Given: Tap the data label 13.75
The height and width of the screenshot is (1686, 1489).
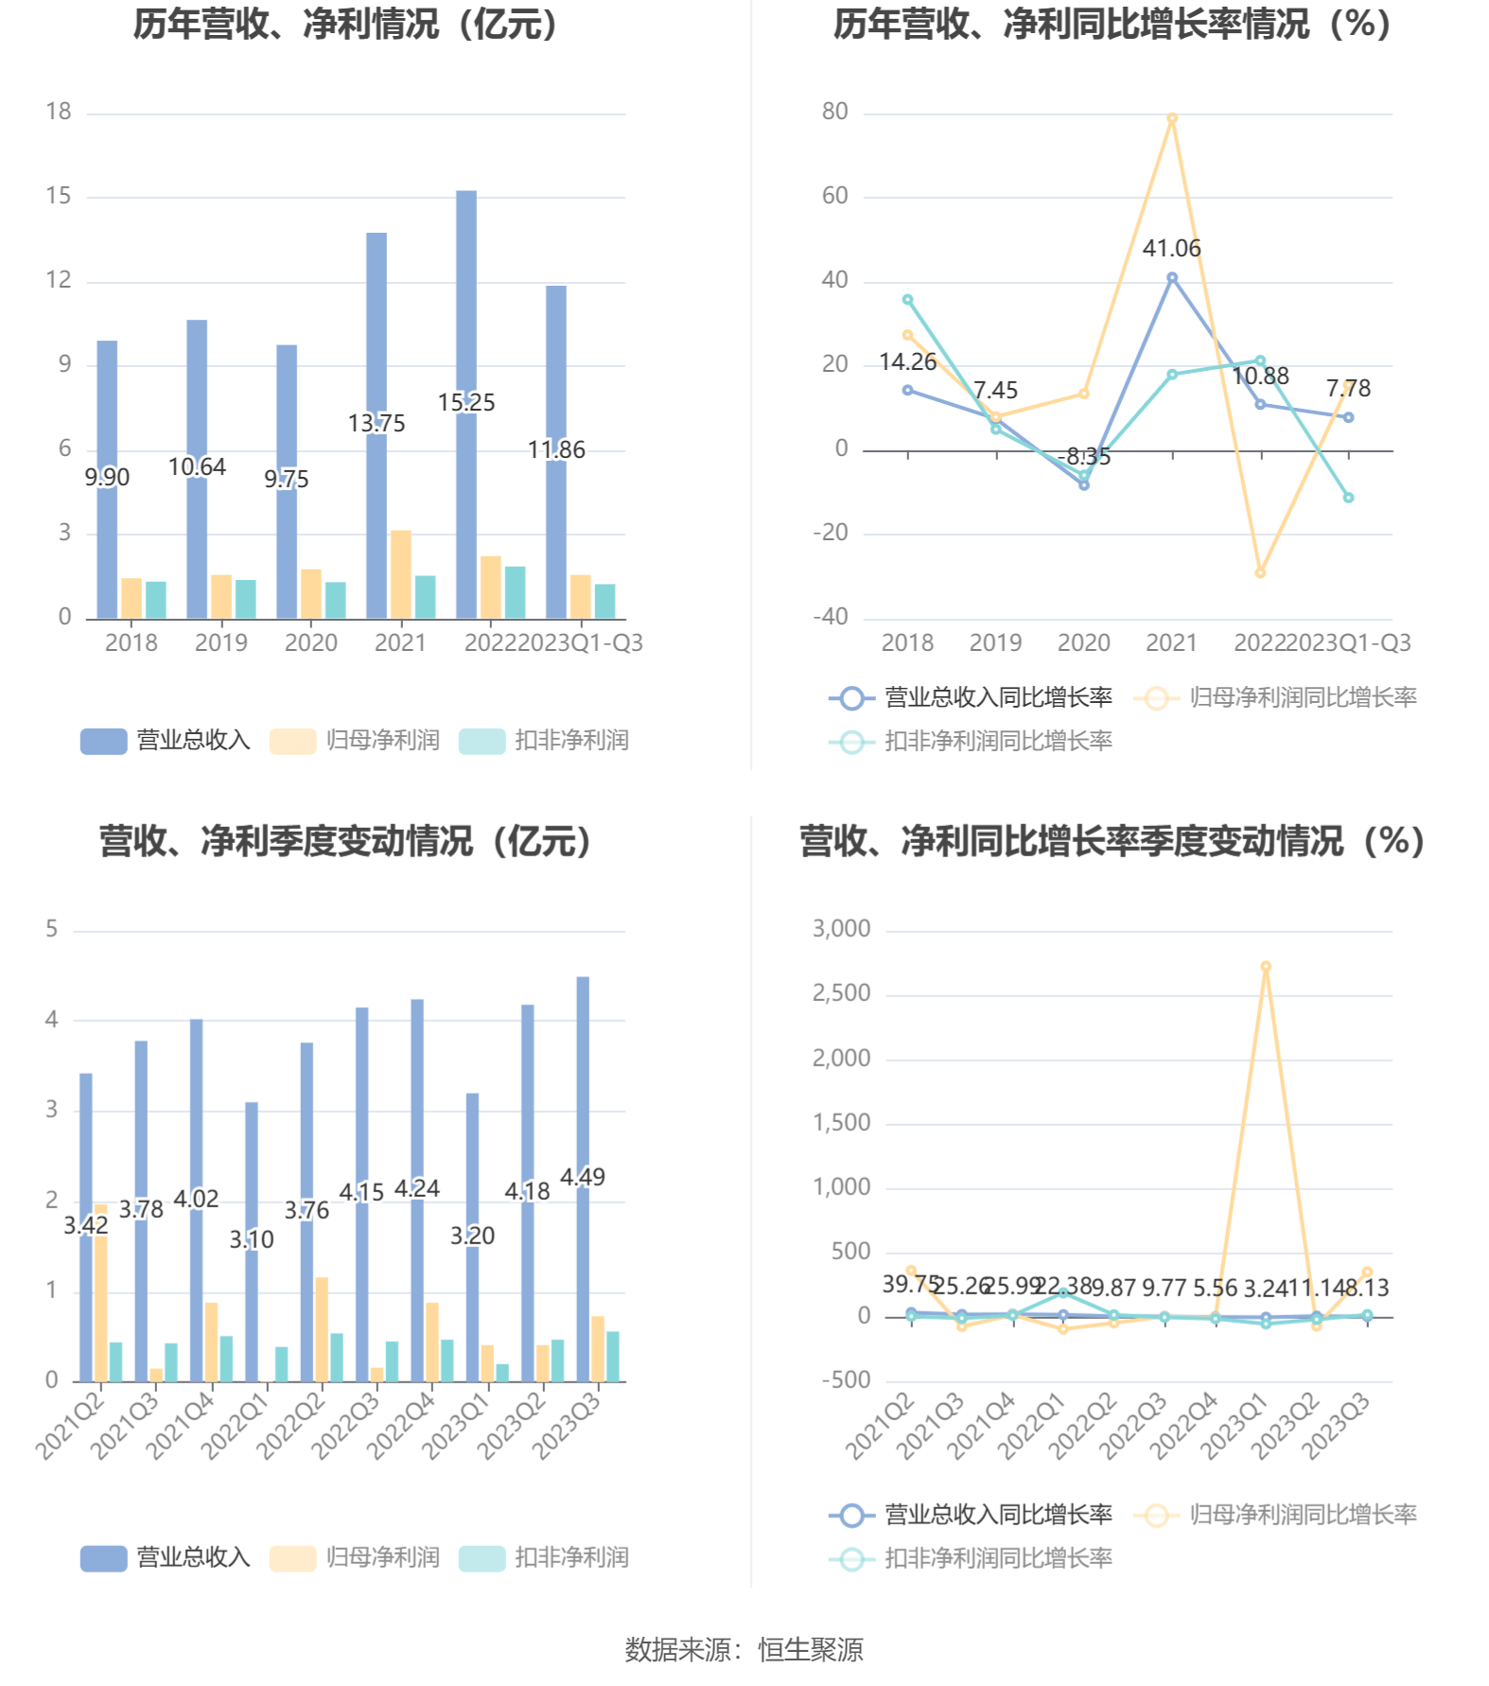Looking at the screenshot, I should [x=377, y=423].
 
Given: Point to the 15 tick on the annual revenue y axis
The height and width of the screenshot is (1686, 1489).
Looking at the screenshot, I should [x=59, y=196].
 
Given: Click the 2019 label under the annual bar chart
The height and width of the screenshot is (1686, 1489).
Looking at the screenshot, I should [x=220, y=643].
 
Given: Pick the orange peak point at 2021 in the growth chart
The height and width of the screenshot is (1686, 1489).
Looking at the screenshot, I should [x=1172, y=119].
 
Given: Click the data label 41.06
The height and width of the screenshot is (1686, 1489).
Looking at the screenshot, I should [x=1171, y=249].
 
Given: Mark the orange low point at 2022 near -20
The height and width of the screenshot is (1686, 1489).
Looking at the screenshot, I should [x=1260, y=572].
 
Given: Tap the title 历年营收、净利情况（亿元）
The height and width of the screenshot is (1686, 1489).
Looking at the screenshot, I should [x=345, y=25].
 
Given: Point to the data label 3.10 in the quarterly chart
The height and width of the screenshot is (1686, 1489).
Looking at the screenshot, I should [x=252, y=1239].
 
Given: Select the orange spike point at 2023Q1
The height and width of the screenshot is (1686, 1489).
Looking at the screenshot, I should [x=1266, y=967].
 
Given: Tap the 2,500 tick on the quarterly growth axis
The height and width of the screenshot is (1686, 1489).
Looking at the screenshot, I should [x=841, y=993].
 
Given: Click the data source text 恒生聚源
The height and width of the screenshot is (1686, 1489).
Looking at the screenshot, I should [x=810, y=1650].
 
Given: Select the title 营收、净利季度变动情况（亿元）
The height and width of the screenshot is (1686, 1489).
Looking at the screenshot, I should [x=345, y=841].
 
